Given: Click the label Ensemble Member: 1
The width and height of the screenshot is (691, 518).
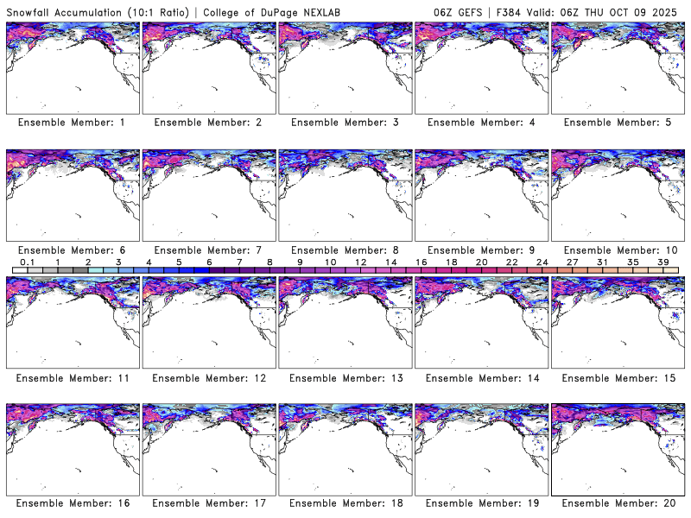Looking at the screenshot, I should pos(72,123).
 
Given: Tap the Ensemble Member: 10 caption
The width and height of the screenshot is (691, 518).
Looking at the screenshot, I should pos(617,250).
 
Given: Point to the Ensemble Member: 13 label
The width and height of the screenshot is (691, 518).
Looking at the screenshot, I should pos(345,377).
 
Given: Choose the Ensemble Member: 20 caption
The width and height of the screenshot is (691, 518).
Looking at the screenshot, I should pos(617,503).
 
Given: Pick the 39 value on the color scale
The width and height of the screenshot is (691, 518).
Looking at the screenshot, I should pos(662,261).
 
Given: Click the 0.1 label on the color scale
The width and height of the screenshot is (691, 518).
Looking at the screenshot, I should pos(27,261).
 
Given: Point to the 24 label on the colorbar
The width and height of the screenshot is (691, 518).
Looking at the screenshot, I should pos(542,261).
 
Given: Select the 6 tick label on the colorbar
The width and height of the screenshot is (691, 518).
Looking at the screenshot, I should pos(209,261).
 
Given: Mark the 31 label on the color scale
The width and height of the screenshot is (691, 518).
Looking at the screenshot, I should pos(602,261).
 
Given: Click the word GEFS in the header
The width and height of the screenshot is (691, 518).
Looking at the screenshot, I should pos(470,11).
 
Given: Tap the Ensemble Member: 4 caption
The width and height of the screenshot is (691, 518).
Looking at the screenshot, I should pos(480,123).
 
